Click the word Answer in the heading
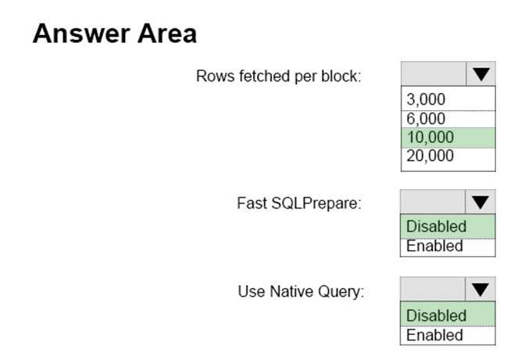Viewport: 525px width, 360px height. tap(81, 34)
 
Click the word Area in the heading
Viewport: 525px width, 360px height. tap(167, 34)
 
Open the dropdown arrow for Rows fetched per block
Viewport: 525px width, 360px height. tap(480, 73)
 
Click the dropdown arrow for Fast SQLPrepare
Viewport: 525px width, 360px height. tap(480, 202)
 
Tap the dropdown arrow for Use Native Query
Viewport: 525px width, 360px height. tap(480, 290)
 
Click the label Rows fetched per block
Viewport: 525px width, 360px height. tap(279, 77)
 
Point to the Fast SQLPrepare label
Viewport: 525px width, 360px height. tap(299, 203)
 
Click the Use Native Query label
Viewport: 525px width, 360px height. tap(301, 292)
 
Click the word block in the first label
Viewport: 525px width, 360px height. tap(341, 76)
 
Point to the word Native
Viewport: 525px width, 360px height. tap(292, 291)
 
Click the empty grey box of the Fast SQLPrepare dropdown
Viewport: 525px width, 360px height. tap(433, 202)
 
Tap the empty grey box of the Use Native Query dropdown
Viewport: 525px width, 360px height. tap(433, 290)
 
